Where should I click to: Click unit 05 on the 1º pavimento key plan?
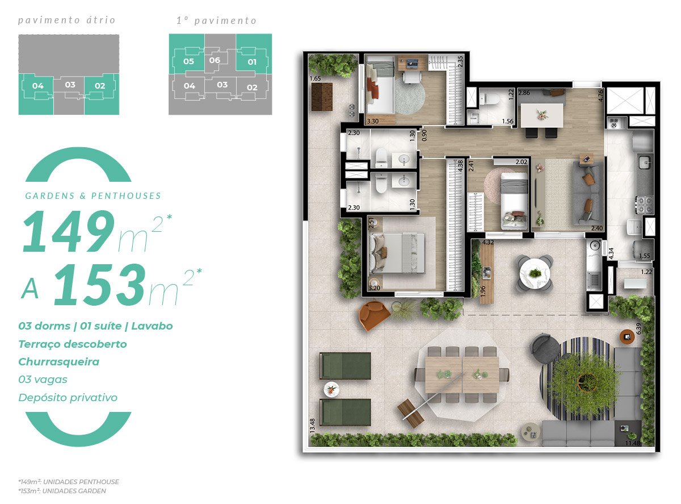189,61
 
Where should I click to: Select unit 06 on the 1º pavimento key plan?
215,60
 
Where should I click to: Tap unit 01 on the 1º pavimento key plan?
252,61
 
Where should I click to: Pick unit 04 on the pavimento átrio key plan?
38,86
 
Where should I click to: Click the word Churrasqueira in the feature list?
58,362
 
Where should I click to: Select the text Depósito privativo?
68,398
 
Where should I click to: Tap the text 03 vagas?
43,380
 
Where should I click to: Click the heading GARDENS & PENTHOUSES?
93,196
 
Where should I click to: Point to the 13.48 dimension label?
313,425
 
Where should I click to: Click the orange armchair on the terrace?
375,315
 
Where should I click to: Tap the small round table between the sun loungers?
331,390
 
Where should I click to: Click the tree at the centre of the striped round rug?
583,378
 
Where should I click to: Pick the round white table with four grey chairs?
534,273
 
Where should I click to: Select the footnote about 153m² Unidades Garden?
62,491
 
